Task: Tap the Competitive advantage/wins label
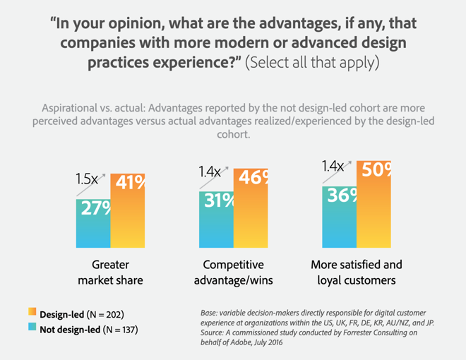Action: (233, 272)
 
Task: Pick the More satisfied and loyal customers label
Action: (357, 272)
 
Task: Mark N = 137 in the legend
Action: (119, 329)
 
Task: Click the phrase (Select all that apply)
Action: (313, 62)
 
